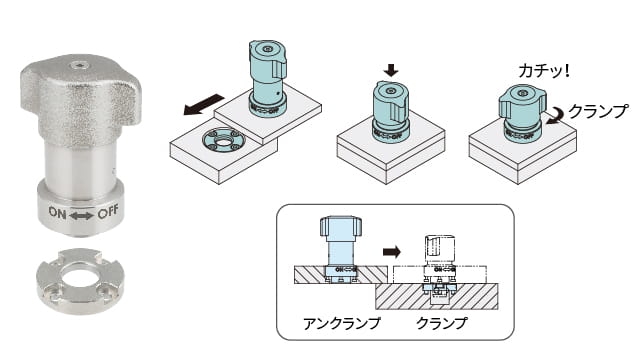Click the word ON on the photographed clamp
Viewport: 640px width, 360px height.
(57, 212)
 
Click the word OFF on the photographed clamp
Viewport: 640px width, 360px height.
(108, 212)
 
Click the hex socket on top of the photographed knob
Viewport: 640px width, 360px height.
(78, 65)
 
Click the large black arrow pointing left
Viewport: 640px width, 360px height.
(204, 104)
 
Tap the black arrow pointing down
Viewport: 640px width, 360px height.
(391, 70)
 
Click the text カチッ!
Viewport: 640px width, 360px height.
(544, 71)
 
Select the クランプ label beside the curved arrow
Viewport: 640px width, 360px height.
(598, 111)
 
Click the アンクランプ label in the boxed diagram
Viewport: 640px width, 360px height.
(342, 323)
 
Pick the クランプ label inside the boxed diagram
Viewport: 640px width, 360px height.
(442, 323)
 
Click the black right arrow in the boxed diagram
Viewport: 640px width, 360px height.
(392, 252)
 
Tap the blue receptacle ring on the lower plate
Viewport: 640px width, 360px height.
(222, 141)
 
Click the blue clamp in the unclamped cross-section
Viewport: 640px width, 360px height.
(340, 249)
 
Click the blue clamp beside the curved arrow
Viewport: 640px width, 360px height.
(522, 113)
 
